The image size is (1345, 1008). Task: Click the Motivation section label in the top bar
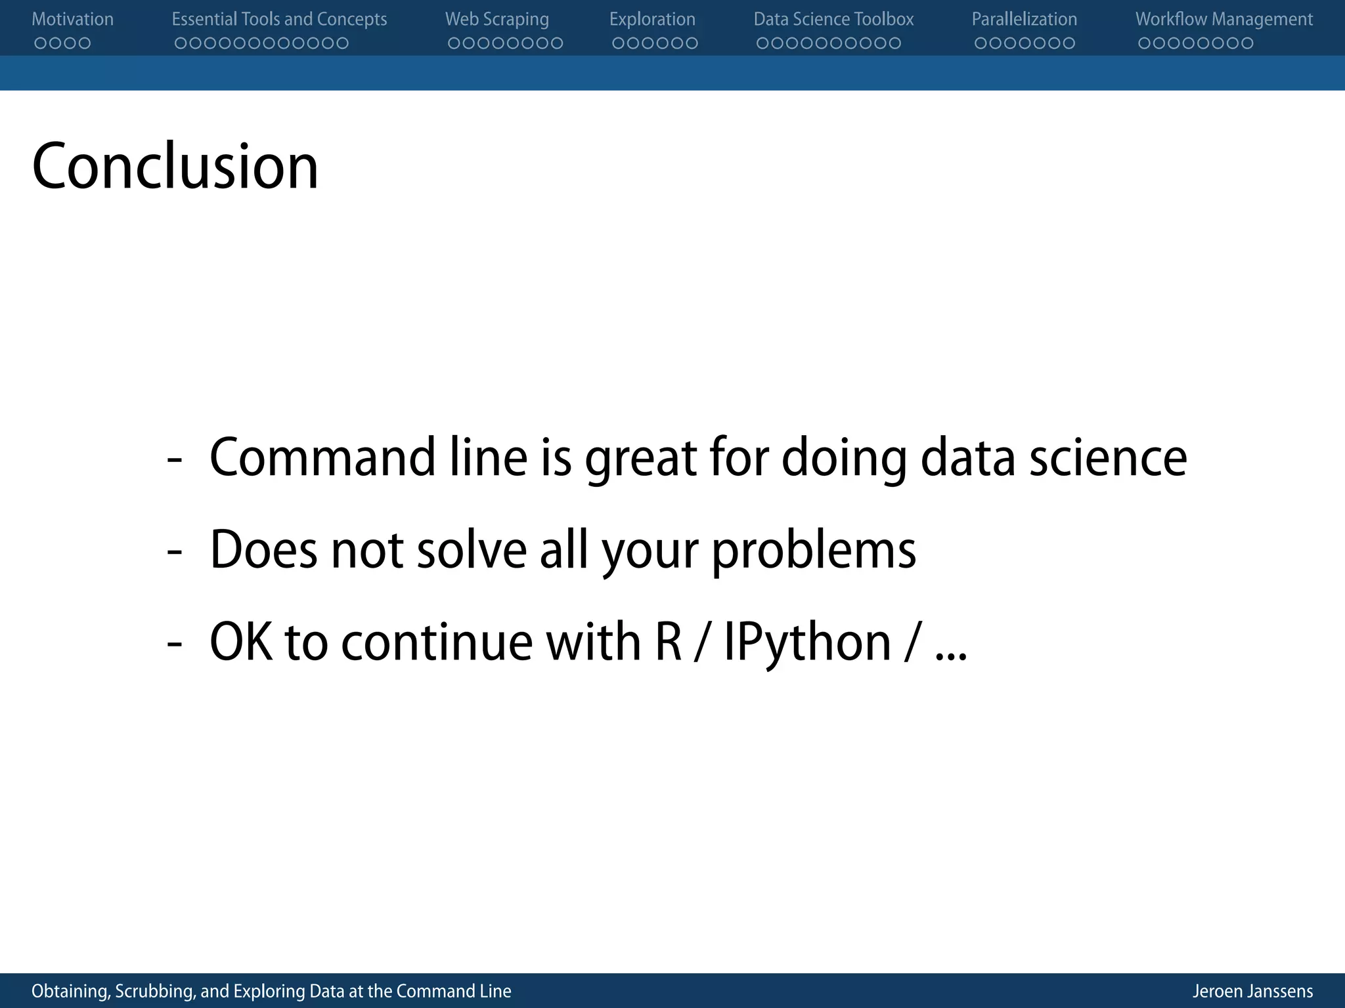click(x=72, y=19)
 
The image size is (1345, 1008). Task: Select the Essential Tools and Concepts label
click(x=279, y=19)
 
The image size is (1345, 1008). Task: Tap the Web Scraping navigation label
click(x=496, y=19)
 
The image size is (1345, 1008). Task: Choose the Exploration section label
click(x=652, y=19)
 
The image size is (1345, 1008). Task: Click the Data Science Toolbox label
click(x=833, y=19)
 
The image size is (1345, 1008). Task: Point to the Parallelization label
click(x=1024, y=19)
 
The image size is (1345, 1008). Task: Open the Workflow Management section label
click(x=1224, y=19)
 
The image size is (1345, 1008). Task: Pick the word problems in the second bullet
click(x=814, y=550)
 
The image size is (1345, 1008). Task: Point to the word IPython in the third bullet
click(x=807, y=642)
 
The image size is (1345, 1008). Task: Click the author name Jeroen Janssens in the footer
click(x=1252, y=991)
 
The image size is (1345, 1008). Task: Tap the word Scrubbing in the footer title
click(x=154, y=991)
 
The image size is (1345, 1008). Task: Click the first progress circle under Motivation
click(x=40, y=43)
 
